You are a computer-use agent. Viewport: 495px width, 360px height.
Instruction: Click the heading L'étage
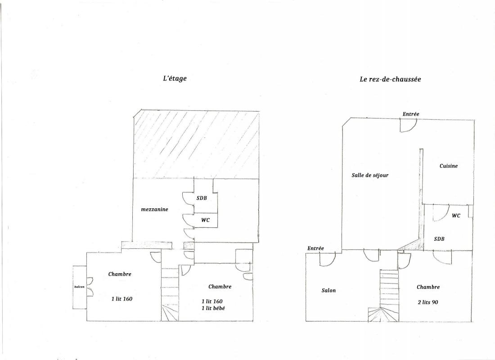pyautogui.click(x=175, y=78)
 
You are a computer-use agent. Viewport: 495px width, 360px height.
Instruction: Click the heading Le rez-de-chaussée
pyautogui.click(x=390, y=79)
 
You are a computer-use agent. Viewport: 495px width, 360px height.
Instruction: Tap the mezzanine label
pyautogui.click(x=154, y=209)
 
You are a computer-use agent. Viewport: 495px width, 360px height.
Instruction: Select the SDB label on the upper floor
pyautogui.click(x=202, y=198)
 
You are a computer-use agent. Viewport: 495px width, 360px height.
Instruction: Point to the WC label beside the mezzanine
pyautogui.click(x=206, y=220)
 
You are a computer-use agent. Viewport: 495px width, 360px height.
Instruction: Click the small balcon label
pyautogui.click(x=79, y=287)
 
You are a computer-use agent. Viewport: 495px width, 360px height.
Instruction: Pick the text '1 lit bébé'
pyautogui.click(x=213, y=308)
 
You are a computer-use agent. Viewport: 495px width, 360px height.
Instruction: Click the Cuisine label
pyautogui.click(x=449, y=166)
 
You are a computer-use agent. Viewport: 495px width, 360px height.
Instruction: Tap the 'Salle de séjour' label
pyautogui.click(x=370, y=175)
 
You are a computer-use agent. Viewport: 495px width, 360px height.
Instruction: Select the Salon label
pyautogui.click(x=328, y=291)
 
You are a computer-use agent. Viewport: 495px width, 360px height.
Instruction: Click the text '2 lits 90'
pyautogui.click(x=428, y=302)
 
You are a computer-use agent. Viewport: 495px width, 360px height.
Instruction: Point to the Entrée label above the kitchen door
pyautogui.click(x=411, y=114)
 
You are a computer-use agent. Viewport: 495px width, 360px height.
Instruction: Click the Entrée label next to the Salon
pyautogui.click(x=316, y=248)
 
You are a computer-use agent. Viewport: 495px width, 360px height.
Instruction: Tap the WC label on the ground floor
pyautogui.click(x=456, y=216)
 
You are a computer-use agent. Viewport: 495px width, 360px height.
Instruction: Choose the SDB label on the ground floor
pyautogui.click(x=439, y=239)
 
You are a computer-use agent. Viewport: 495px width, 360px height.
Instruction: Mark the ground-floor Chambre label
pyautogui.click(x=428, y=287)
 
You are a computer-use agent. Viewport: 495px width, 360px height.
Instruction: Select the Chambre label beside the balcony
pyautogui.click(x=120, y=274)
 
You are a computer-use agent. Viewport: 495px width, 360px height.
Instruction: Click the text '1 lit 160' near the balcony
pyautogui.click(x=122, y=299)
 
